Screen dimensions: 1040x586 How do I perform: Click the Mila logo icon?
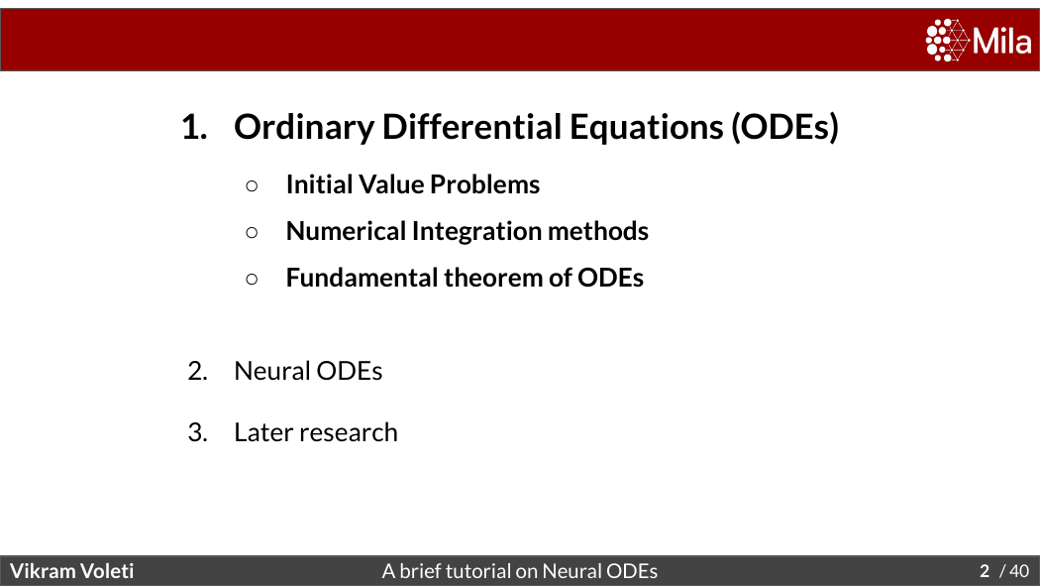point(948,40)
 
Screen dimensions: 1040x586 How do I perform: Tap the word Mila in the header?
point(1002,41)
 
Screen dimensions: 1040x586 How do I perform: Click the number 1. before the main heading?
point(194,127)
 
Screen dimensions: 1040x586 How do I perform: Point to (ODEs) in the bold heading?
point(785,127)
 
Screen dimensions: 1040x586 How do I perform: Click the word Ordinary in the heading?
point(304,128)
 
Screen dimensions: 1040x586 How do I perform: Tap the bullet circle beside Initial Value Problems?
point(252,185)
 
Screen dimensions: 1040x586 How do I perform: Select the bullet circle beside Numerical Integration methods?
point(252,232)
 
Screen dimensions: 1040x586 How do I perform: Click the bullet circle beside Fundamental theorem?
point(252,279)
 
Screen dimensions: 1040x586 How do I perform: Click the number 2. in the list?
point(198,371)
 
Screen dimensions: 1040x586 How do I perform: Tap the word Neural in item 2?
point(272,370)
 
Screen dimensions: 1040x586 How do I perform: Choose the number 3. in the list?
point(198,432)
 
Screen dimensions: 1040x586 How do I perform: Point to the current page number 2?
point(985,571)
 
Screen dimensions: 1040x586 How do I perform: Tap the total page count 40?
point(1019,571)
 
